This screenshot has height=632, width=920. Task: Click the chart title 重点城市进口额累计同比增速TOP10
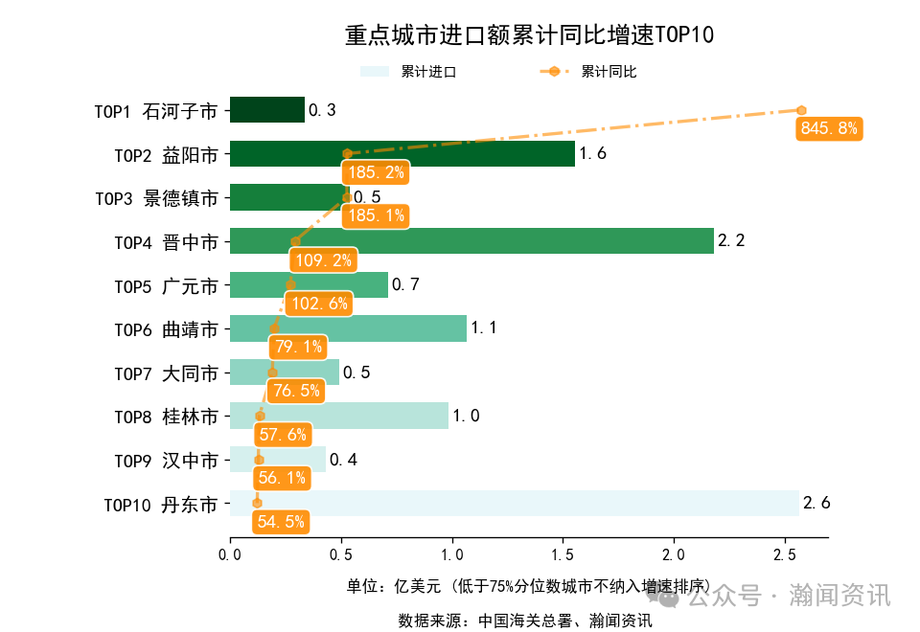(529, 36)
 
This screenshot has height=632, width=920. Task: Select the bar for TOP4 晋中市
(471, 241)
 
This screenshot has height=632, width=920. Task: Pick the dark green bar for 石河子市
(267, 110)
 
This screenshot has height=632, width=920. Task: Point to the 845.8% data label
(829, 128)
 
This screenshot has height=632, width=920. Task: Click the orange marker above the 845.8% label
(801, 110)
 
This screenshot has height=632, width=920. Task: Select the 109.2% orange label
(321, 260)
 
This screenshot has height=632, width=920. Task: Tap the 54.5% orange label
(281, 522)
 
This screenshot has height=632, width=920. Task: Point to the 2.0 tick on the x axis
(674, 553)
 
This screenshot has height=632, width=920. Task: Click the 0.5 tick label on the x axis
(340, 553)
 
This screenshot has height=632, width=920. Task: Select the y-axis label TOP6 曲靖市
(166, 329)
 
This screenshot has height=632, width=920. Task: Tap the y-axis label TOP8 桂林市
(166, 417)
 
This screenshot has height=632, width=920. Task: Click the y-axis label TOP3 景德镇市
(156, 198)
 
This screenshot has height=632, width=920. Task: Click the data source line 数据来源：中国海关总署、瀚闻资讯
(524, 621)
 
